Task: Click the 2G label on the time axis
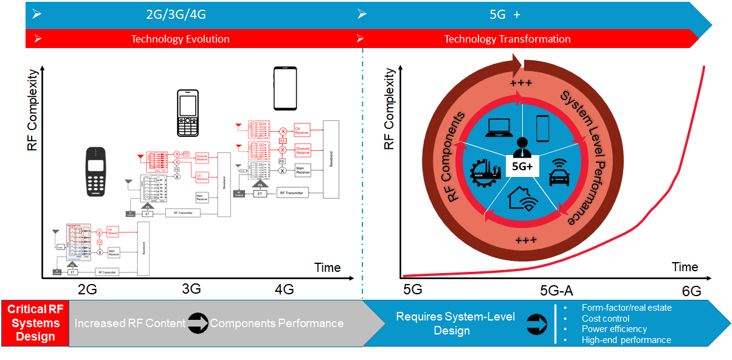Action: click(88, 289)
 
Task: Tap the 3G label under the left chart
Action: click(191, 289)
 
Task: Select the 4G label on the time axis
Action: click(285, 289)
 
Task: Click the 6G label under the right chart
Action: click(691, 291)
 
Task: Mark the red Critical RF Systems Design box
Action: click(35, 323)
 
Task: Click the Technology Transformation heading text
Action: click(507, 39)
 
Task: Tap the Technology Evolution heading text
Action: click(181, 39)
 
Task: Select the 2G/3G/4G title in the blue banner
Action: click(181, 14)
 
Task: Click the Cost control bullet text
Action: click(605, 319)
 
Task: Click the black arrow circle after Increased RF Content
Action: click(198, 324)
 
